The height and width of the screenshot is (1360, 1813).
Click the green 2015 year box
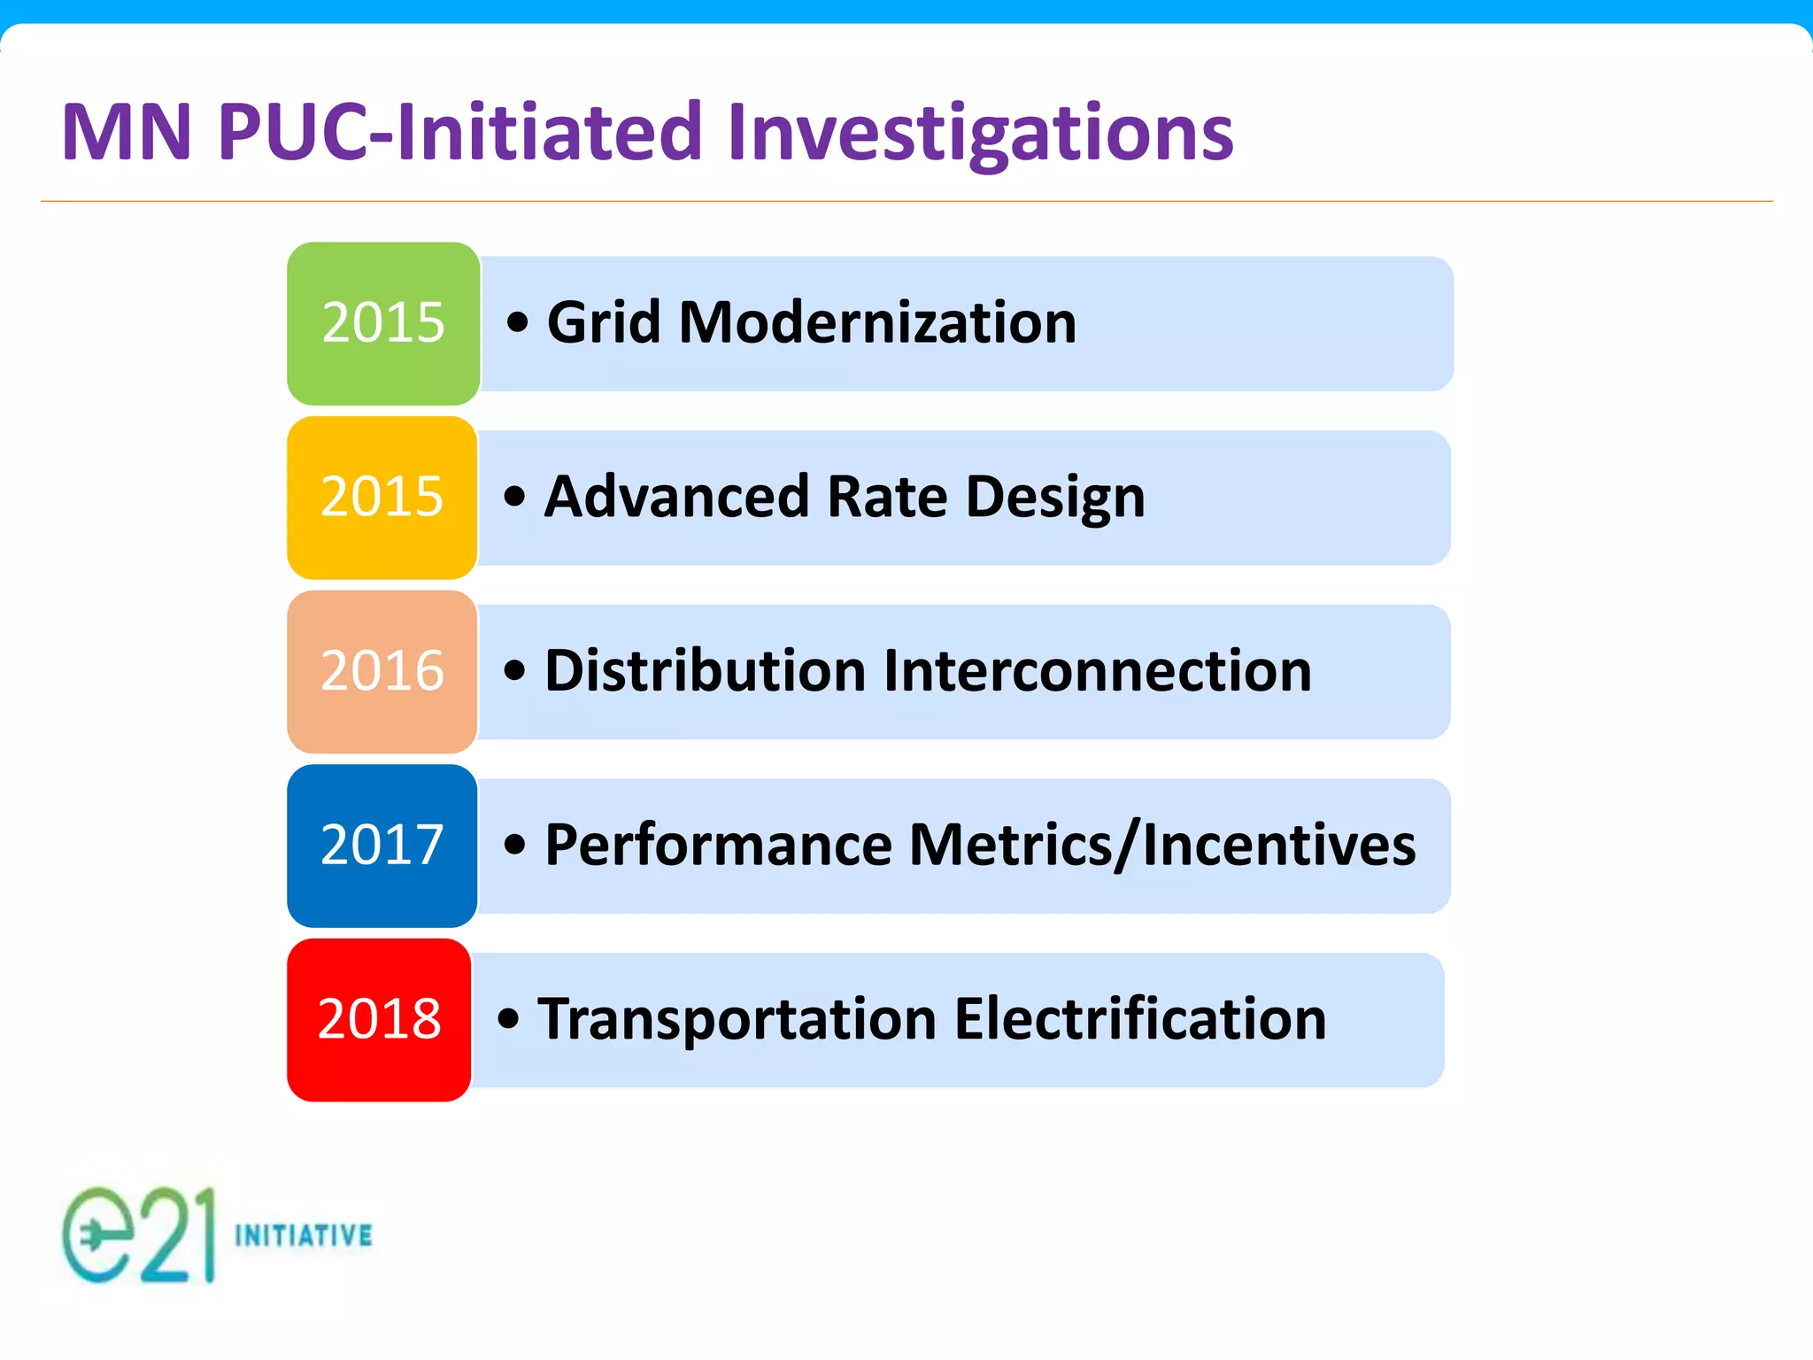(x=383, y=323)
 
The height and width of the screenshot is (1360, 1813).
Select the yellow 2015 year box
(x=382, y=498)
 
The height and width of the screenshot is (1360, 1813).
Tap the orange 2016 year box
(x=382, y=671)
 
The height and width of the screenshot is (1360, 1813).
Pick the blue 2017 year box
(x=382, y=846)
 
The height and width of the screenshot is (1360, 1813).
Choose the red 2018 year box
(x=379, y=1020)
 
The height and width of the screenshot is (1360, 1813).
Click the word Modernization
(x=877, y=322)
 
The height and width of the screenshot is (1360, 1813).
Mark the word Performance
(x=718, y=845)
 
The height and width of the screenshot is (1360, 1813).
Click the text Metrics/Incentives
(x=1162, y=845)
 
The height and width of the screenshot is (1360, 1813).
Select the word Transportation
(x=737, y=1019)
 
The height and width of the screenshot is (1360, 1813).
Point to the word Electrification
(x=1140, y=1019)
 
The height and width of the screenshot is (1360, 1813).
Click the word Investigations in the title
(x=980, y=135)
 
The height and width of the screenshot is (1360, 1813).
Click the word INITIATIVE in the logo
(x=304, y=1235)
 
